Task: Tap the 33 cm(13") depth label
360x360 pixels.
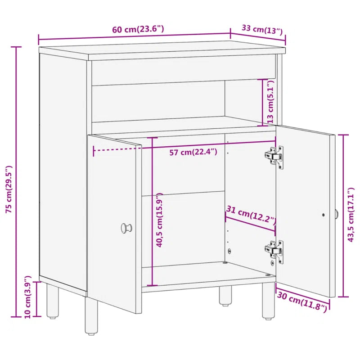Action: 262,30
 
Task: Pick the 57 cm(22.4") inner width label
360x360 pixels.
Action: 193,152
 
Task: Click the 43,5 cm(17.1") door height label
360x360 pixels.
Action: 351,216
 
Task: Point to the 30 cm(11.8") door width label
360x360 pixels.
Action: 302,302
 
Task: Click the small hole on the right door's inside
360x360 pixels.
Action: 324,215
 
